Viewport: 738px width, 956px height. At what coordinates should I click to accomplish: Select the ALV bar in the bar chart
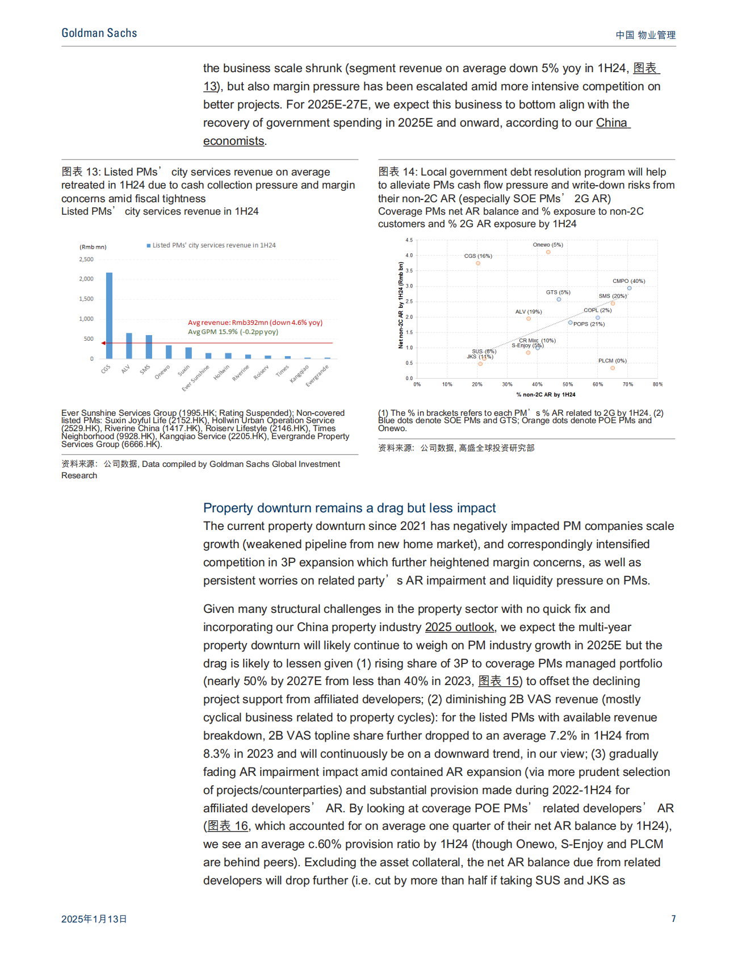129,346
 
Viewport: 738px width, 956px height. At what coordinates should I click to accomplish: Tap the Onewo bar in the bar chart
169,352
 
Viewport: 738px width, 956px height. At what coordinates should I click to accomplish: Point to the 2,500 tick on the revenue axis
86,260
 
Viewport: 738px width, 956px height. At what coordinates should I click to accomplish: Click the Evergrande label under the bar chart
317,376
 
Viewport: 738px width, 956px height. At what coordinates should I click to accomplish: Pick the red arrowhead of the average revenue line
103,343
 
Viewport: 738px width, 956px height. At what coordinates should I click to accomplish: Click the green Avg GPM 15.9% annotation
233,332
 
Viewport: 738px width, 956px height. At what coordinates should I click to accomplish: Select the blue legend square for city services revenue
149,245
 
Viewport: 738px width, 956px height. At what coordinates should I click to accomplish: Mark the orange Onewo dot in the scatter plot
548,252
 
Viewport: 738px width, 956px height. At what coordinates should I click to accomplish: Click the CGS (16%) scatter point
478,263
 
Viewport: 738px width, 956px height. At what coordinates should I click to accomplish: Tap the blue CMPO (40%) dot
629,288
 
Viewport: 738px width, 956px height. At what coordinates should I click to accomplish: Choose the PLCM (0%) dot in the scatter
613,368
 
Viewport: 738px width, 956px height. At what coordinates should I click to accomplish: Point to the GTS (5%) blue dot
559,299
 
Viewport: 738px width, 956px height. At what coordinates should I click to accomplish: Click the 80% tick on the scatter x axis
657,385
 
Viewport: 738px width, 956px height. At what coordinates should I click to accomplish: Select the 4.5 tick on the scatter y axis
409,240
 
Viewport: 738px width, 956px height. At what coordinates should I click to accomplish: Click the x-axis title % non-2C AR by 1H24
546,394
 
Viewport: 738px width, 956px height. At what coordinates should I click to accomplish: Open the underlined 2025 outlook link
459,627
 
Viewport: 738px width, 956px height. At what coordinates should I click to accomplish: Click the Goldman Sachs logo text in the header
99,34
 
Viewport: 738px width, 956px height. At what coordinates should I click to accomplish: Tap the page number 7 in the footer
673,919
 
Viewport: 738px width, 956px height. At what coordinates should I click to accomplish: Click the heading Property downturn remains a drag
349,508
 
